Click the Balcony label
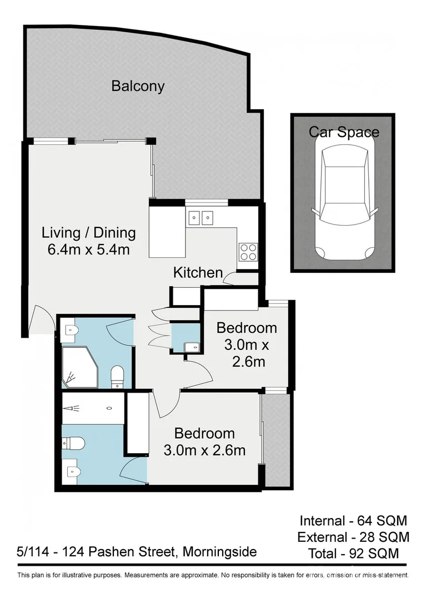click(x=138, y=86)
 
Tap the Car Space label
click(x=344, y=132)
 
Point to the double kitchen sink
click(x=201, y=217)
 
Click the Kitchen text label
click(x=198, y=272)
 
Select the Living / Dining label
click(x=89, y=232)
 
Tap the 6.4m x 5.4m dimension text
click(x=89, y=250)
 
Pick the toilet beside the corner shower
click(x=117, y=375)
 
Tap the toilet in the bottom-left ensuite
click(x=73, y=443)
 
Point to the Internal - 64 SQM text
click(x=353, y=521)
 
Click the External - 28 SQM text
click(x=353, y=537)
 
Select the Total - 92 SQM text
click(x=353, y=553)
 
